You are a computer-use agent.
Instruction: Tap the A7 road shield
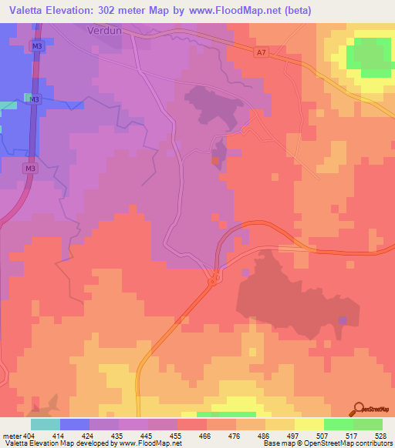coord(262,52)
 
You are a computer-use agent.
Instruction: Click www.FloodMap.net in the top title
coord(238,10)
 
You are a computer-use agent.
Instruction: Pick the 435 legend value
coord(104,435)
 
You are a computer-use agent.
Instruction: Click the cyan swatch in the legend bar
coord(45,424)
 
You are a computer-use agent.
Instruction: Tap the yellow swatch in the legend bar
coord(309,424)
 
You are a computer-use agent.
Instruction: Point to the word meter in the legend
coord(12,435)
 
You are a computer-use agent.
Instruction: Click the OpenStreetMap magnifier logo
coord(359,410)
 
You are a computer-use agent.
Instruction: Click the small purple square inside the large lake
coord(343,319)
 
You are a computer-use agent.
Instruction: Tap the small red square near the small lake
coord(214,160)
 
